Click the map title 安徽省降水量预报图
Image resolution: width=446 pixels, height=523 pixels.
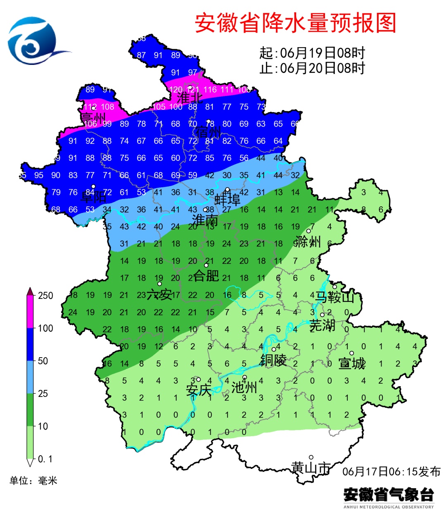(295, 23)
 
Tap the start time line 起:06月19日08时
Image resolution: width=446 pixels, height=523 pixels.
(312, 53)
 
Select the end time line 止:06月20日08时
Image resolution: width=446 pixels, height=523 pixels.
(312, 68)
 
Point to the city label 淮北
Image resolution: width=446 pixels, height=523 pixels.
(190, 98)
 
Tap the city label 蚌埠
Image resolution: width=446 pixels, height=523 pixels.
(227, 200)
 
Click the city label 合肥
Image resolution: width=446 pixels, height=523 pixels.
(206, 275)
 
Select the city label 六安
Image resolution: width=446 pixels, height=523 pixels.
(159, 295)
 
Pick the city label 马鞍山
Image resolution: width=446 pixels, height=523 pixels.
(334, 296)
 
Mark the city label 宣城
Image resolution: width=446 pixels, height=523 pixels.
(352, 363)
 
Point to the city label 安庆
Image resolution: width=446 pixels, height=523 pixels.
(199, 389)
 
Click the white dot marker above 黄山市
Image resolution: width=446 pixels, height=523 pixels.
(311, 457)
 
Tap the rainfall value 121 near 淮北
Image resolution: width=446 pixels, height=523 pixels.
(193, 89)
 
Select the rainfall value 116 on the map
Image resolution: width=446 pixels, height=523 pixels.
(210, 89)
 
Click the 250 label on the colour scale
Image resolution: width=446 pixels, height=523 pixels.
(45, 296)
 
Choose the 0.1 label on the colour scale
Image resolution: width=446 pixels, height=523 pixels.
(45, 459)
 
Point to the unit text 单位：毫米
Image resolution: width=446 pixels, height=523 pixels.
(33, 480)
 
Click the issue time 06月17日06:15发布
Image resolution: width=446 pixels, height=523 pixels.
(391, 471)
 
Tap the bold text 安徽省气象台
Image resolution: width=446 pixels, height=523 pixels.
(389, 494)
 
